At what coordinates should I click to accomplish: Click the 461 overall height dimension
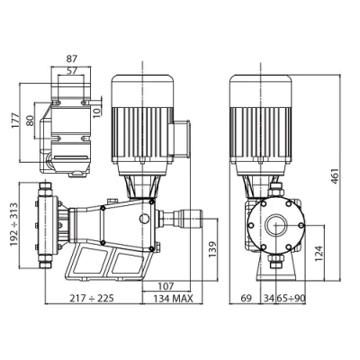pos(335,177)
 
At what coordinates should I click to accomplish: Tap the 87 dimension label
pos(70,58)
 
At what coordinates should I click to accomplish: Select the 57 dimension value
pos(71,71)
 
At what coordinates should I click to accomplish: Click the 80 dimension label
pos(30,121)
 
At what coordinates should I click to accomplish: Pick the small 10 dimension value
pos(96,112)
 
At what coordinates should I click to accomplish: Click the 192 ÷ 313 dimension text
pos(13,225)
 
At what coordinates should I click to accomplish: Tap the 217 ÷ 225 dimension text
pos(92,298)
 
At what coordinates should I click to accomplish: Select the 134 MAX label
pos(173,298)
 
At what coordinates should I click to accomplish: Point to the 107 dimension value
pos(166,286)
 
